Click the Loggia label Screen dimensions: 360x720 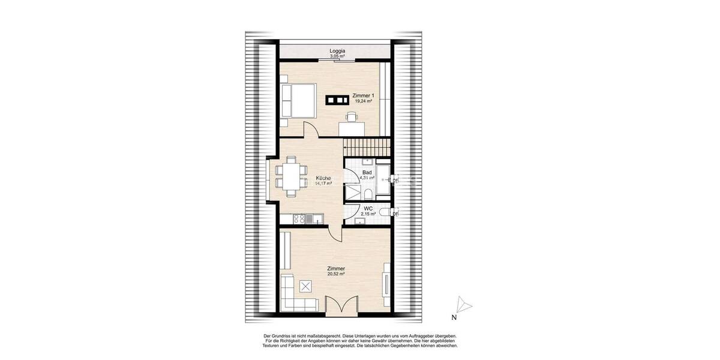[x=337, y=52]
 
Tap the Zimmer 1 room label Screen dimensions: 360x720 [x=364, y=96]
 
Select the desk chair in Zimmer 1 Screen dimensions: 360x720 [x=350, y=117]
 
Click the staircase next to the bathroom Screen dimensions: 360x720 [x=367, y=146]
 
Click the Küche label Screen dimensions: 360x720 [x=324, y=178]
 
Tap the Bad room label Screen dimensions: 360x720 [x=367, y=173]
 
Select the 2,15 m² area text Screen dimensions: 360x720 [x=368, y=214]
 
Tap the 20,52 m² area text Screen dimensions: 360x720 [x=336, y=274]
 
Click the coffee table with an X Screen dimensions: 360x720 [x=307, y=286]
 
